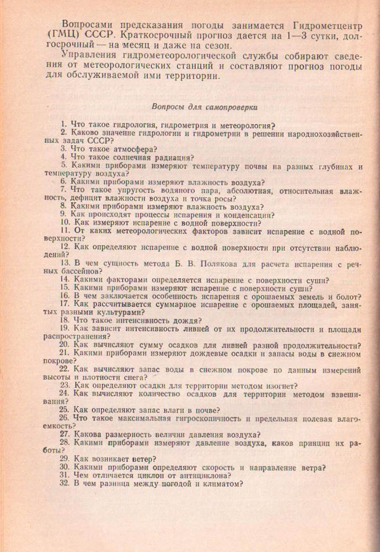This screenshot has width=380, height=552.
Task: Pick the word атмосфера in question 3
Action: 132,148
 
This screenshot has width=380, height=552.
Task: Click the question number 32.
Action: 65,484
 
